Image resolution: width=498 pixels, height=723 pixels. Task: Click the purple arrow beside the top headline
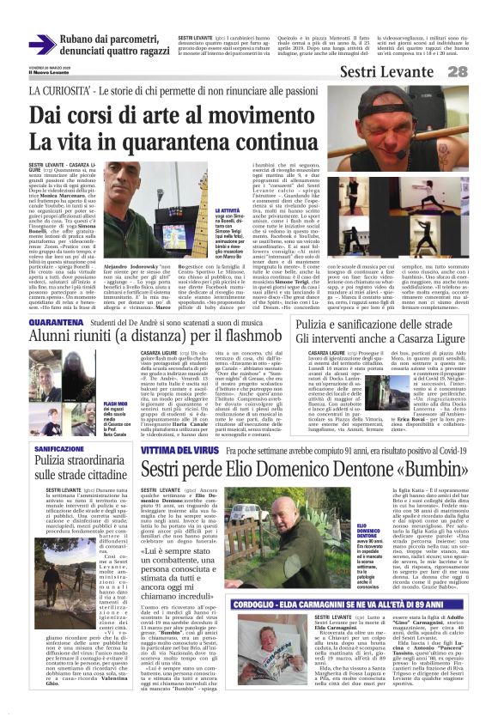42,45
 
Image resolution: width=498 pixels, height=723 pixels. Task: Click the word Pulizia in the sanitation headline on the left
56,463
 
